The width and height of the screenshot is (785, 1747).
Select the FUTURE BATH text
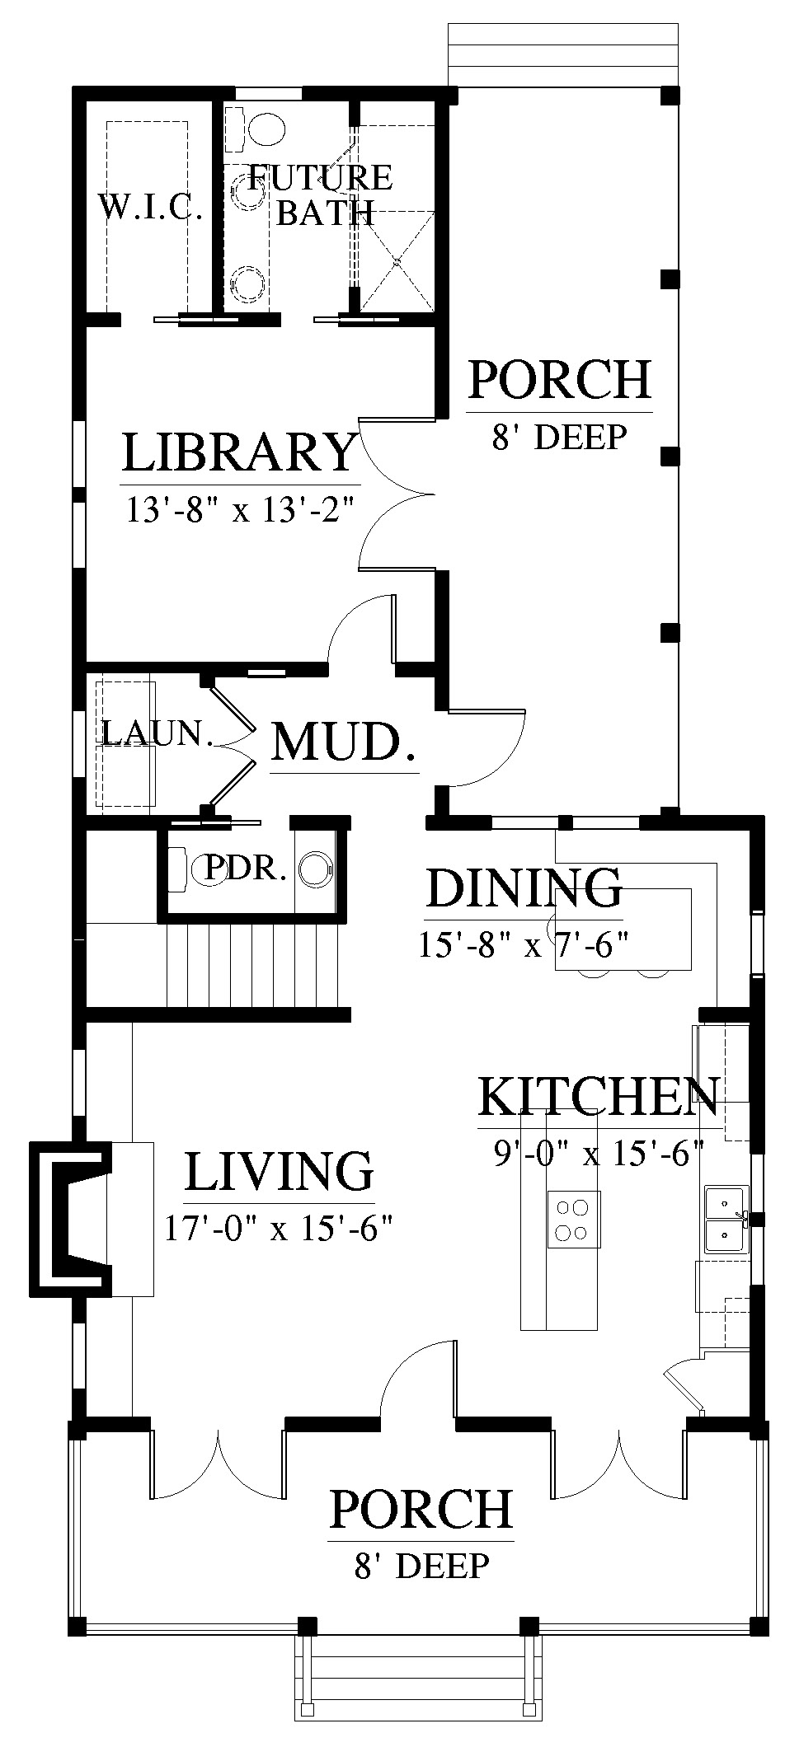(x=320, y=194)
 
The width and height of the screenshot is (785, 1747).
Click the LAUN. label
(x=157, y=732)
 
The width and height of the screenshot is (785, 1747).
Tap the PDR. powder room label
(x=246, y=868)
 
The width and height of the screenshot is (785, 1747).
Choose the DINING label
(x=524, y=887)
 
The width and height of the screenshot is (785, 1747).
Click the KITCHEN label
(x=599, y=1095)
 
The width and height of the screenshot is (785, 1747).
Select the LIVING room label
(x=279, y=1171)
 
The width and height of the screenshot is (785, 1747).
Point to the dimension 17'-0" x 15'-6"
(x=276, y=1229)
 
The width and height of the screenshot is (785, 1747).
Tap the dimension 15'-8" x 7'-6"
(x=524, y=944)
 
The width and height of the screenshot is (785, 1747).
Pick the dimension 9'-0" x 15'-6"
(x=598, y=1153)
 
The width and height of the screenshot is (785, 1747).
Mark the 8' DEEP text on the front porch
(x=422, y=1566)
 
